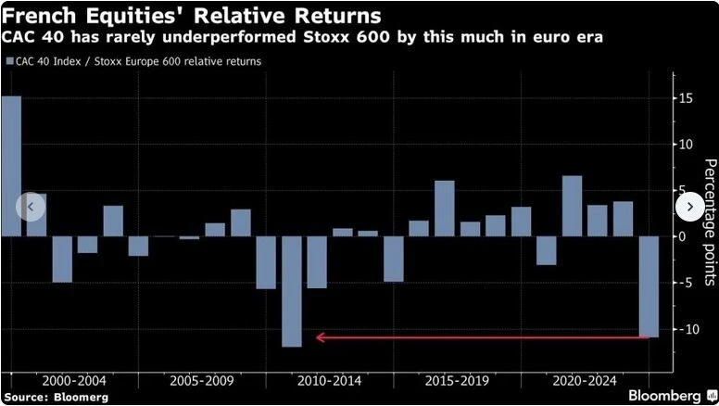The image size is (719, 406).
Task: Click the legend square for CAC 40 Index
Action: click(x=10, y=61)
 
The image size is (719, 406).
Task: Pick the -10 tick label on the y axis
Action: click(x=686, y=329)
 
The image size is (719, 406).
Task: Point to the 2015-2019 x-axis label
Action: click(x=456, y=381)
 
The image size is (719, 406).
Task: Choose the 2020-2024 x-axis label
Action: click(x=584, y=381)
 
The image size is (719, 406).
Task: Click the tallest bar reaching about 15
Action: click(x=11, y=166)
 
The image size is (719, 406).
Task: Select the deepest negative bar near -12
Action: click(x=292, y=291)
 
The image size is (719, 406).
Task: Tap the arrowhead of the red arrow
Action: click(x=320, y=337)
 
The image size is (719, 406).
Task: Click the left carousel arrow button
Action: click(x=30, y=207)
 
